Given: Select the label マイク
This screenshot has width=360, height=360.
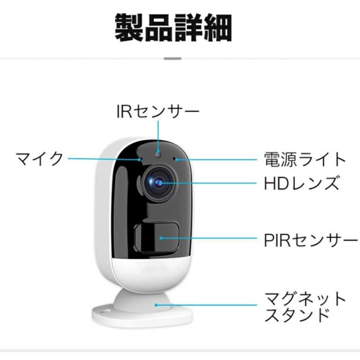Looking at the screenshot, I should (39, 158).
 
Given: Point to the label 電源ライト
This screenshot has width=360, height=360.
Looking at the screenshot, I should (304, 159).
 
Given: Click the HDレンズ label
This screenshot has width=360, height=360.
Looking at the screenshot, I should (301, 183).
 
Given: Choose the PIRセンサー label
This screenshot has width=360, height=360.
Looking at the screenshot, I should (310, 241).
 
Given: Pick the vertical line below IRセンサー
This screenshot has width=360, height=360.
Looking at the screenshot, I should (158, 135).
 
